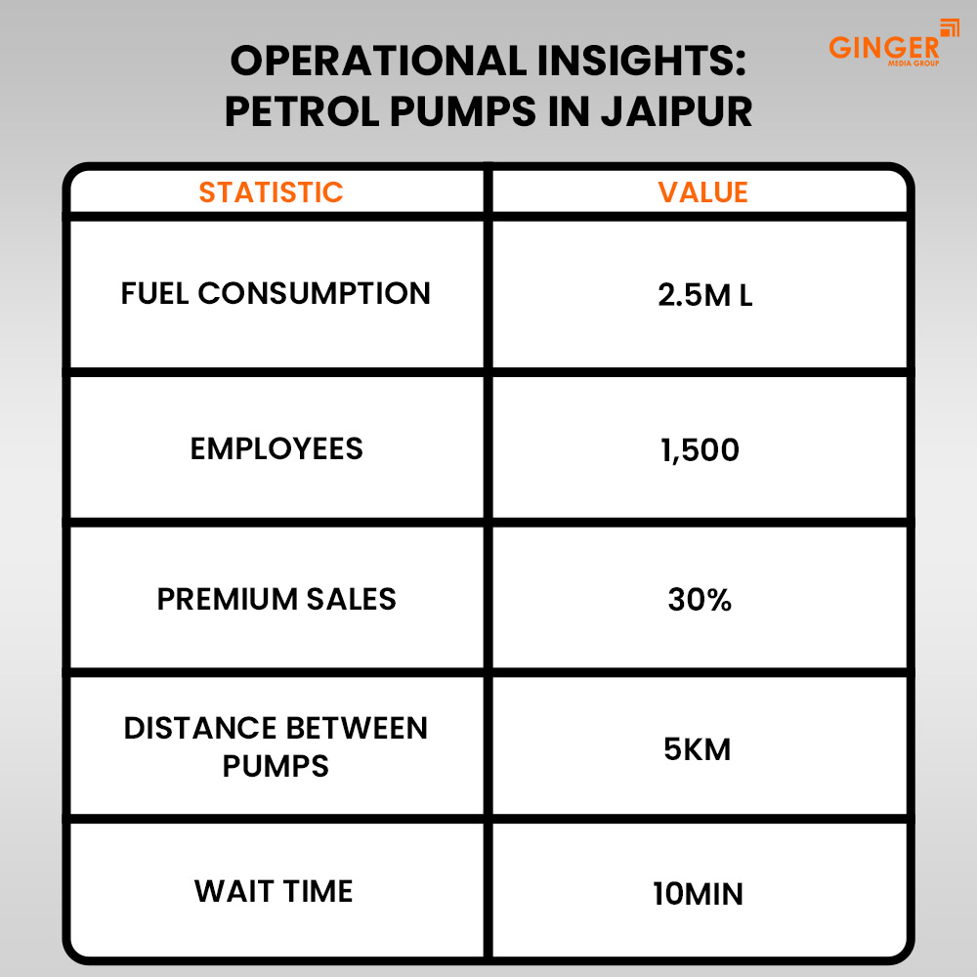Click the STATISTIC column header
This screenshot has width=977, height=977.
pos(271,191)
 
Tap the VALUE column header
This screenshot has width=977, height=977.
pos(702,191)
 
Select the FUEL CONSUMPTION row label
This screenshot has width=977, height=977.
pos(276,293)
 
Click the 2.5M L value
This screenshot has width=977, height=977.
pos(704,295)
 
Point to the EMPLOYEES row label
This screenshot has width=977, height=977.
pos(276,448)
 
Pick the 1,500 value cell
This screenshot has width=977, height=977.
pos(700,449)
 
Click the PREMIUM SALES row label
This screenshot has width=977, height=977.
pos(276,599)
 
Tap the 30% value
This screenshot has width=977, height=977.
pos(700,600)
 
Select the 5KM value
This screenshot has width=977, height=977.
pos(698,749)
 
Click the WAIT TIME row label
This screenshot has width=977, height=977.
pos(274,891)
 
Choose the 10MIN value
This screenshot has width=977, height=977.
pos(698,894)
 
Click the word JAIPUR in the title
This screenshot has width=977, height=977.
pos(676,111)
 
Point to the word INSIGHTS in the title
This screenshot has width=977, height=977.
pos(641,61)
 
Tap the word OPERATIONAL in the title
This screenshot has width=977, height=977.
pos(379,61)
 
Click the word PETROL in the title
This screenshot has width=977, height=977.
pos(302,111)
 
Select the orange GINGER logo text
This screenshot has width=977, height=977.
pos(883,47)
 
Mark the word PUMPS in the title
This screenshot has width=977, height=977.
pos(463,111)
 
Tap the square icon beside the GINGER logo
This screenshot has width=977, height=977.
pos(950,28)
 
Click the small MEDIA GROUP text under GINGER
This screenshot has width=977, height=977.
pos(913,63)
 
